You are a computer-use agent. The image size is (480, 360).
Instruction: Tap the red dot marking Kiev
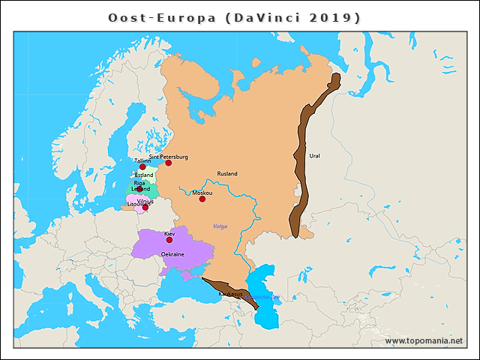[169, 240]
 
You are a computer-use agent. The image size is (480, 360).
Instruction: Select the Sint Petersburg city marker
[169, 163]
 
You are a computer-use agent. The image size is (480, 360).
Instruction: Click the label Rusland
[227, 174]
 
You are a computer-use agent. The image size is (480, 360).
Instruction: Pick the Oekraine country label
[172, 255]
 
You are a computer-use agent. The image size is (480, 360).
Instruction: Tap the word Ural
[314, 156]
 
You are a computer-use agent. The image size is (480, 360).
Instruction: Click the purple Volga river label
[220, 226]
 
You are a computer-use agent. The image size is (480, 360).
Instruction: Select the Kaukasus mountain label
[230, 293]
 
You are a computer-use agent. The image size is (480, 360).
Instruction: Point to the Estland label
[144, 175]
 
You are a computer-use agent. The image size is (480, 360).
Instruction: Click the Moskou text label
[202, 193]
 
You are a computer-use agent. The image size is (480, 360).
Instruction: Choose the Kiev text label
[169, 234]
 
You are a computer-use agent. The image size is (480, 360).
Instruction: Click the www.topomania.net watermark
[424, 340]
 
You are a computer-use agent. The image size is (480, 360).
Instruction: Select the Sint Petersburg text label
[169, 157]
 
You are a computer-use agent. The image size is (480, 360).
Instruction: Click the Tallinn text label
[142, 160]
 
